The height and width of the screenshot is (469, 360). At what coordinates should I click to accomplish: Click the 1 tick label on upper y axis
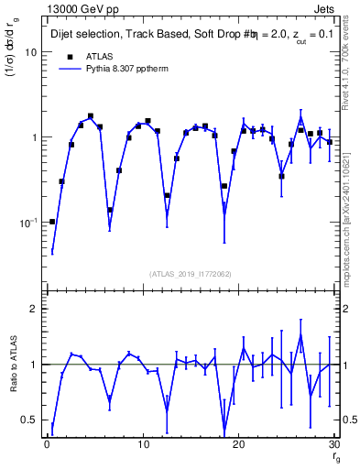34,137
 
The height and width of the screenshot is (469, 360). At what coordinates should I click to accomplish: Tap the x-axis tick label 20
237,444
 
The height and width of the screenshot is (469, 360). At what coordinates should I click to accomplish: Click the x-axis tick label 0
47,444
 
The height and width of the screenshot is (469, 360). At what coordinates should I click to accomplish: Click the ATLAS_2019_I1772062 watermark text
190,274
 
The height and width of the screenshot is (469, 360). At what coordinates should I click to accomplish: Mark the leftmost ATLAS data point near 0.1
52,222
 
